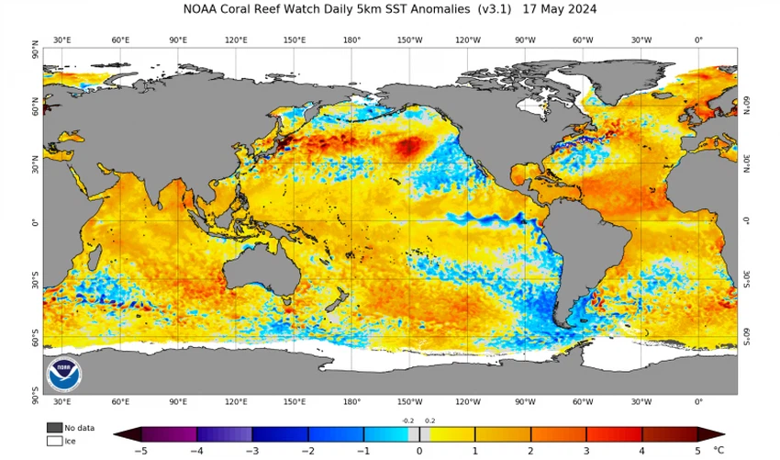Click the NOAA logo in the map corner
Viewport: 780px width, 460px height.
[x=63, y=373]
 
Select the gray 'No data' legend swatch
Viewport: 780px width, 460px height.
[x=54, y=428]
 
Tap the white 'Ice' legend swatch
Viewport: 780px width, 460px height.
[x=54, y=441]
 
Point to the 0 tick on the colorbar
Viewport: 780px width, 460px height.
[x=419, y=451]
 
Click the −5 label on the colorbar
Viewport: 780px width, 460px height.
[x=140, y=451]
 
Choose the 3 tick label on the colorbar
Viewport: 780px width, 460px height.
[x=586, y=451]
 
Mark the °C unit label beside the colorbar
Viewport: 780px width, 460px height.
[x=719, y=451]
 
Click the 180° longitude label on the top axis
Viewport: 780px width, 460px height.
[x=351, y=40]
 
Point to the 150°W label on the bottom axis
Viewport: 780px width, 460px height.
[x=409, y=402]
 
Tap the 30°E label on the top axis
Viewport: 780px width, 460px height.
[x=62, y=40]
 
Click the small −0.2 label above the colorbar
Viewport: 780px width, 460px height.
[x=407, y=420]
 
